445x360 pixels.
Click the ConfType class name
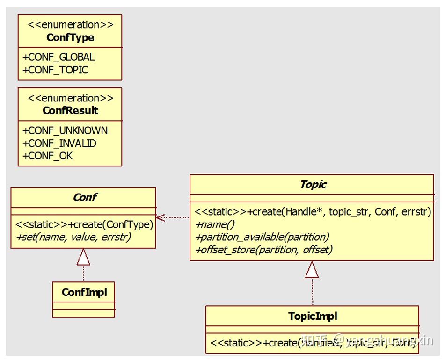[x=70, y=37]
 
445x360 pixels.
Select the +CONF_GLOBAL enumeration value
[x=58, y=58]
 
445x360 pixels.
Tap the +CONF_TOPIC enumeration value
[x=55, y=70]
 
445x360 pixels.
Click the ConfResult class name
[x=70, y=111]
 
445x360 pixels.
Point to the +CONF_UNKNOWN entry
[x=65, y=131]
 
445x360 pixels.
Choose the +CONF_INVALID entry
[x=59, y=144]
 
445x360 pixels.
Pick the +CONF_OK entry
[x=48, y=156]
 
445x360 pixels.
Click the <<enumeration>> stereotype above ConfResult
[x=70, y=98]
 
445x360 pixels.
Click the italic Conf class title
[x=84, y=197]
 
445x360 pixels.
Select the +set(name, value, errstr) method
[x=73, y=237]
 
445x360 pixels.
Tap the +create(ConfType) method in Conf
[x=84, y=224]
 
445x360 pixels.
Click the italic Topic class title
[x=313, y=184]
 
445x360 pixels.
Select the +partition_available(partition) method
[x=262, y=237]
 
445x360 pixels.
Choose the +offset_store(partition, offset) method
[x=263, y=250]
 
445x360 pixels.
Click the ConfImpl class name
[x=84, y=293]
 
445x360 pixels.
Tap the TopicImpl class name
[x=313, y=317]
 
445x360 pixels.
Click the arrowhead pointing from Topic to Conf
[x=161, y=217]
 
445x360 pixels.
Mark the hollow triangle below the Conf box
[x=83, y=257]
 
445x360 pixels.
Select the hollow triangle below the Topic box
[x=312, y=269]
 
